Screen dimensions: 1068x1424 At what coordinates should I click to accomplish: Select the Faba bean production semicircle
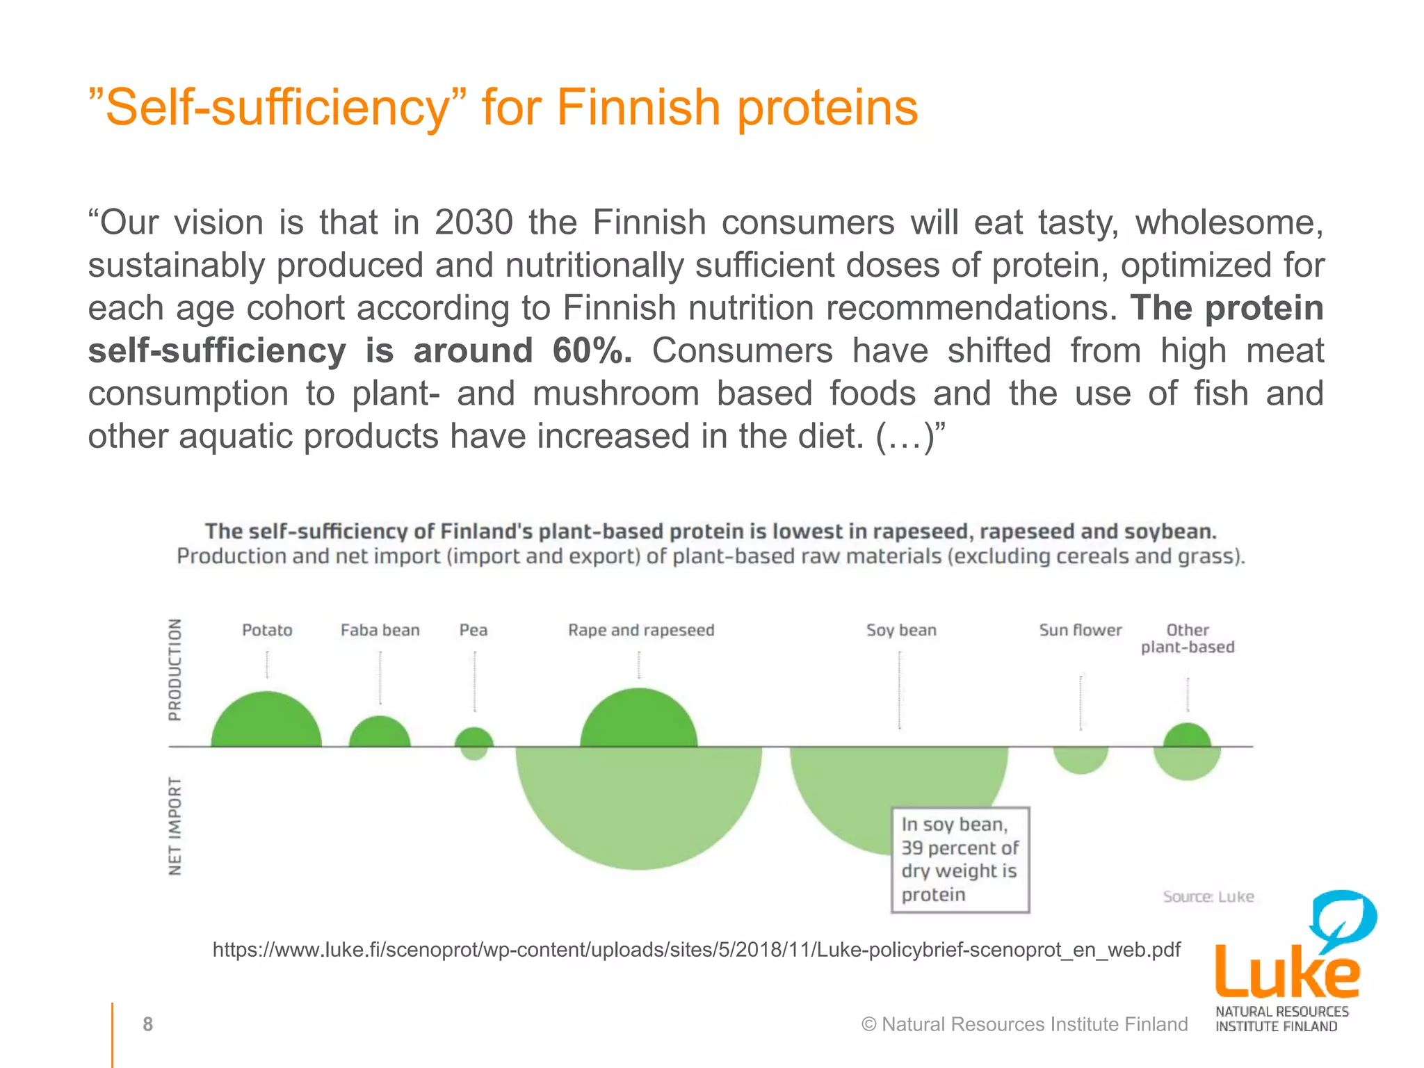(380, 734)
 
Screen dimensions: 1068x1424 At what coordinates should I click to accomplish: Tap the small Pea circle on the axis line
(474, 744)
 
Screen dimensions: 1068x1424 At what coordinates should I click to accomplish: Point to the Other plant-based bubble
(1187, 751)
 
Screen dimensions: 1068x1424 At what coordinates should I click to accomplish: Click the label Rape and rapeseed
(641, 630)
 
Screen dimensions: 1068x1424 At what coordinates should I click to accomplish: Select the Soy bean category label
(901, 630)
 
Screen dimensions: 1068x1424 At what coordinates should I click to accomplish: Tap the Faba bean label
(380, 630)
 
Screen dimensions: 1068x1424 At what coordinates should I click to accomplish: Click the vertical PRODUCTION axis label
(175, 670)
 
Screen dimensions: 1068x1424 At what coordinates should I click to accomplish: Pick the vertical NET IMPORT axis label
(175, 826)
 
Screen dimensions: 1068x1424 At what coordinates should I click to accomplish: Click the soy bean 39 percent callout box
(960, 859)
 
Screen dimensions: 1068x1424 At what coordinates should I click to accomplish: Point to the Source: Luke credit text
(1208, 897)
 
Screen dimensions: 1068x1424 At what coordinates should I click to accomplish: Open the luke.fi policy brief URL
(696, 949)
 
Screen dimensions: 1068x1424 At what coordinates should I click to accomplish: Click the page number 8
(147, 1024)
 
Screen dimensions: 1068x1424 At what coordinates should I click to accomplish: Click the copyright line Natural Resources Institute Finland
(1024, 1024)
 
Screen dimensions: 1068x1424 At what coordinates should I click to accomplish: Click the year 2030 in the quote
(474, 222)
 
